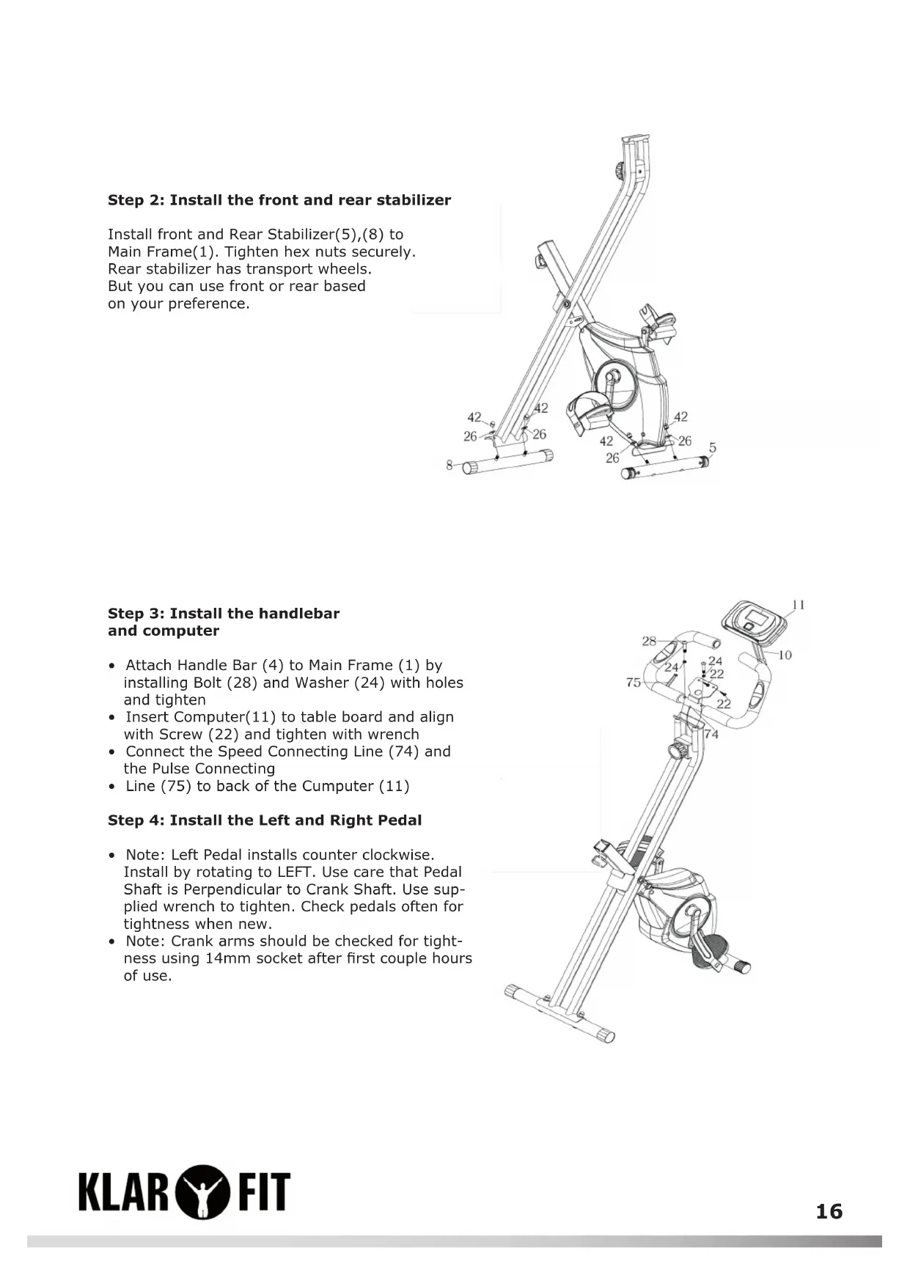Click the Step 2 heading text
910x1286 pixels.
pos(279,200)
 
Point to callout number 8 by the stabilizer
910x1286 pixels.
pos(449,465)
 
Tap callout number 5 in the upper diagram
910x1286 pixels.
pos(712,447)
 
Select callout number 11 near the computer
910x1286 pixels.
pos(799,605)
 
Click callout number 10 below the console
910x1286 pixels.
pos(785,655)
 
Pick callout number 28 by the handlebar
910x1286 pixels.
pos(649,641)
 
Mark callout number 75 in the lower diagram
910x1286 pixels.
pos(634,683)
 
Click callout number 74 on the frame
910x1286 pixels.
pos(711,734)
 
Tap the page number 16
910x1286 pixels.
pos(829,1211)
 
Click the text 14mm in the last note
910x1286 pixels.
pos(228,958)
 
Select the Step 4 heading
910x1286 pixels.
pos(265,820)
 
